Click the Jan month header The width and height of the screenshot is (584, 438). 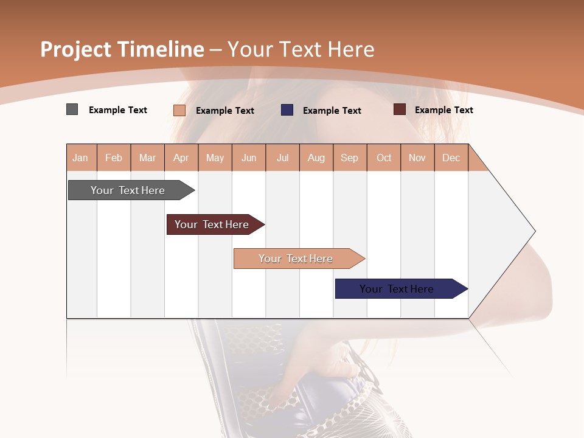[x=81, y=158]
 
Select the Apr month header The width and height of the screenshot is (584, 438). [x=181, y=158]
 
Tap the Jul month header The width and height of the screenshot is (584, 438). [x=282, y=158]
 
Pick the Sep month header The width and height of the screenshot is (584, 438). [x=349, y=158]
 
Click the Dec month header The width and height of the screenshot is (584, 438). [x=451, y=158]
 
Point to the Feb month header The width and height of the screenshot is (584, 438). [x=114, y=158]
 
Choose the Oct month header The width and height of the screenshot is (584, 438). [x=383, y=158]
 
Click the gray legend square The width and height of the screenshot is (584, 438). [x=72, y=109]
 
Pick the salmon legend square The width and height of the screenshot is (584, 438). [x=179, y=110]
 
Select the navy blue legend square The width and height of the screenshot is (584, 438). [x=287, y=110]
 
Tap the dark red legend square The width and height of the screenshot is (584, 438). [x=399, y=109]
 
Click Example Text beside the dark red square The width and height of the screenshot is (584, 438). [x=443, y=110]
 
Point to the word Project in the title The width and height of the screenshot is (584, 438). [x=75, y=49]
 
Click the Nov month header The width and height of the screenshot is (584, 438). [x=417, y=158]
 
